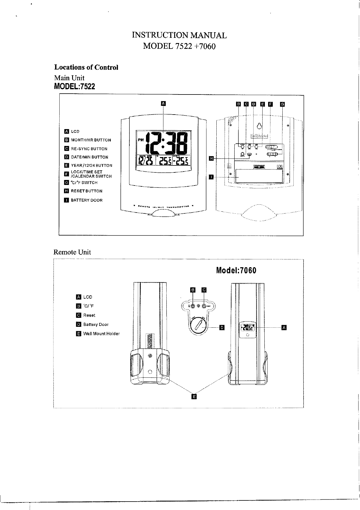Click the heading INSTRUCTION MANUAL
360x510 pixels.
click(x=179, y=35)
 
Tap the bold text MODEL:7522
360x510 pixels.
click(x=74, y=86)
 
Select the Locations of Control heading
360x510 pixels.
click(x=86, y=67)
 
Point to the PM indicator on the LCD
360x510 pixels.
click(x=141, y=140)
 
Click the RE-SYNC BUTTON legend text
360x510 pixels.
click(x=89, y=149)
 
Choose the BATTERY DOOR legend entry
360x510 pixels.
click(x=87, y=200)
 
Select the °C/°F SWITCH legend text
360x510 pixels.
click(x=84, y=183)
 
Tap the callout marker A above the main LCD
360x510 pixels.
click(x=163, y=103)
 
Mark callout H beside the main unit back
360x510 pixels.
click(x=211, y=158)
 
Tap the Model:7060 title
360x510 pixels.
click(x=236, y=270)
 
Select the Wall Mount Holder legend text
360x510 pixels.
click(x=101, y=334)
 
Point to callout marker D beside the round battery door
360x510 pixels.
click(x=222, y=328)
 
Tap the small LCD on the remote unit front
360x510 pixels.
click(x=247, y=328)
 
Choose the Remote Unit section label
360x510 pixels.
click(x=72, y=252)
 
